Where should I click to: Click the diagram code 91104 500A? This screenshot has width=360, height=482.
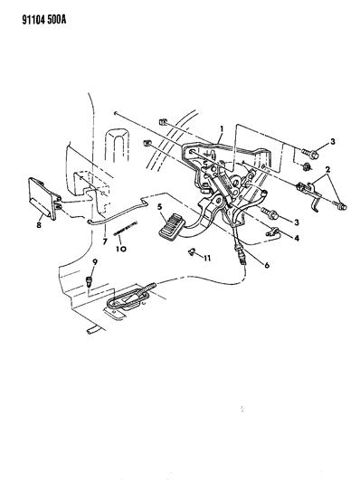click(x=44, y=20)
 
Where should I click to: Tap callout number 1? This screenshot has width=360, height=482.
click(x=222, y=128)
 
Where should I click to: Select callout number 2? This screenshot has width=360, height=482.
click(x=327, y=169)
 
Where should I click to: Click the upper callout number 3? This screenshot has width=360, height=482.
click(x=332, y=142)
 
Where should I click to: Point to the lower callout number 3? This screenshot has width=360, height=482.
click(x=297, y=222)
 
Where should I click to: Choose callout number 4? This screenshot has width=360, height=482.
click(x=297, y=238)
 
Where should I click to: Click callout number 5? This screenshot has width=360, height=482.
click(x=159, y=207)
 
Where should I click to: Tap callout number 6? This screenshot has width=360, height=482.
click(x=267, y=265)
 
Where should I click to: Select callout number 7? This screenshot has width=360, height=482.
click(x=105, y=242)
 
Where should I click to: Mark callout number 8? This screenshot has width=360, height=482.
click(x=39, y=225)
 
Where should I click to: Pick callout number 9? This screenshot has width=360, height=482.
click(x=95, y=262)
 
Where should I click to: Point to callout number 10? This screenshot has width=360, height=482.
click(x=121, y=249)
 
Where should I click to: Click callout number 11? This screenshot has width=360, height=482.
click(x=207, y=259)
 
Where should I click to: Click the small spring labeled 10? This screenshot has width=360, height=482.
click(x=125, y=229)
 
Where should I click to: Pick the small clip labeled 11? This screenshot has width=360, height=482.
click(x=192, y=252)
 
